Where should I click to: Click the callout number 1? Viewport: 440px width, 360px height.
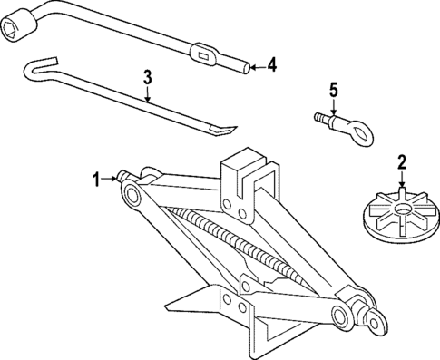95,178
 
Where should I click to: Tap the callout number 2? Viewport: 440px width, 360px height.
401,163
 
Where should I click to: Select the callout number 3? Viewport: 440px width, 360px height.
148,76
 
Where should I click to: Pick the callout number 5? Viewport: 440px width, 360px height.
333,90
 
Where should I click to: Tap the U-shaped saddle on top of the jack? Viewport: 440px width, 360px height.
246,170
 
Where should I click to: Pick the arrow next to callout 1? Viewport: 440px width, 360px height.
110,178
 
